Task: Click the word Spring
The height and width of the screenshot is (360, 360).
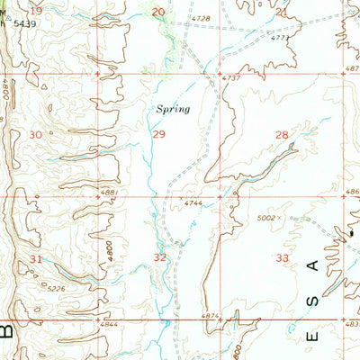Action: pyautogui.click(x=172, y=108)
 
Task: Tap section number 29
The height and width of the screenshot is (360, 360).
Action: pyautogui.click(x=158, y=134)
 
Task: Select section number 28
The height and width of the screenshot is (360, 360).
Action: pyautogui.click(x=281, y=135)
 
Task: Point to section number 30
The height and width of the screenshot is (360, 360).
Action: pyautogui.click(x=36, y=134)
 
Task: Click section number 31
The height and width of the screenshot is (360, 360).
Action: pyautogui.click(x=36, y=259)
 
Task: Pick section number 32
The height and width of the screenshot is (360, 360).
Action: pyautogui.click(x=160, y=257)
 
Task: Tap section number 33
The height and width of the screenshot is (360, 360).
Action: pyautogui.click(x=282, y=257)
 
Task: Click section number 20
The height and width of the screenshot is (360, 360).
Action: pyautogui.click(x=158, y=11)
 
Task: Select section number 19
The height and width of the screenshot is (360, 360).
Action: pyautogui.click(x=35, y=10)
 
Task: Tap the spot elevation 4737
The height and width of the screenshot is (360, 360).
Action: pyautogui.click(x=232, y=80)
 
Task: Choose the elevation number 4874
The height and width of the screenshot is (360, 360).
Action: pyautogui.click(x=209, y=315)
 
